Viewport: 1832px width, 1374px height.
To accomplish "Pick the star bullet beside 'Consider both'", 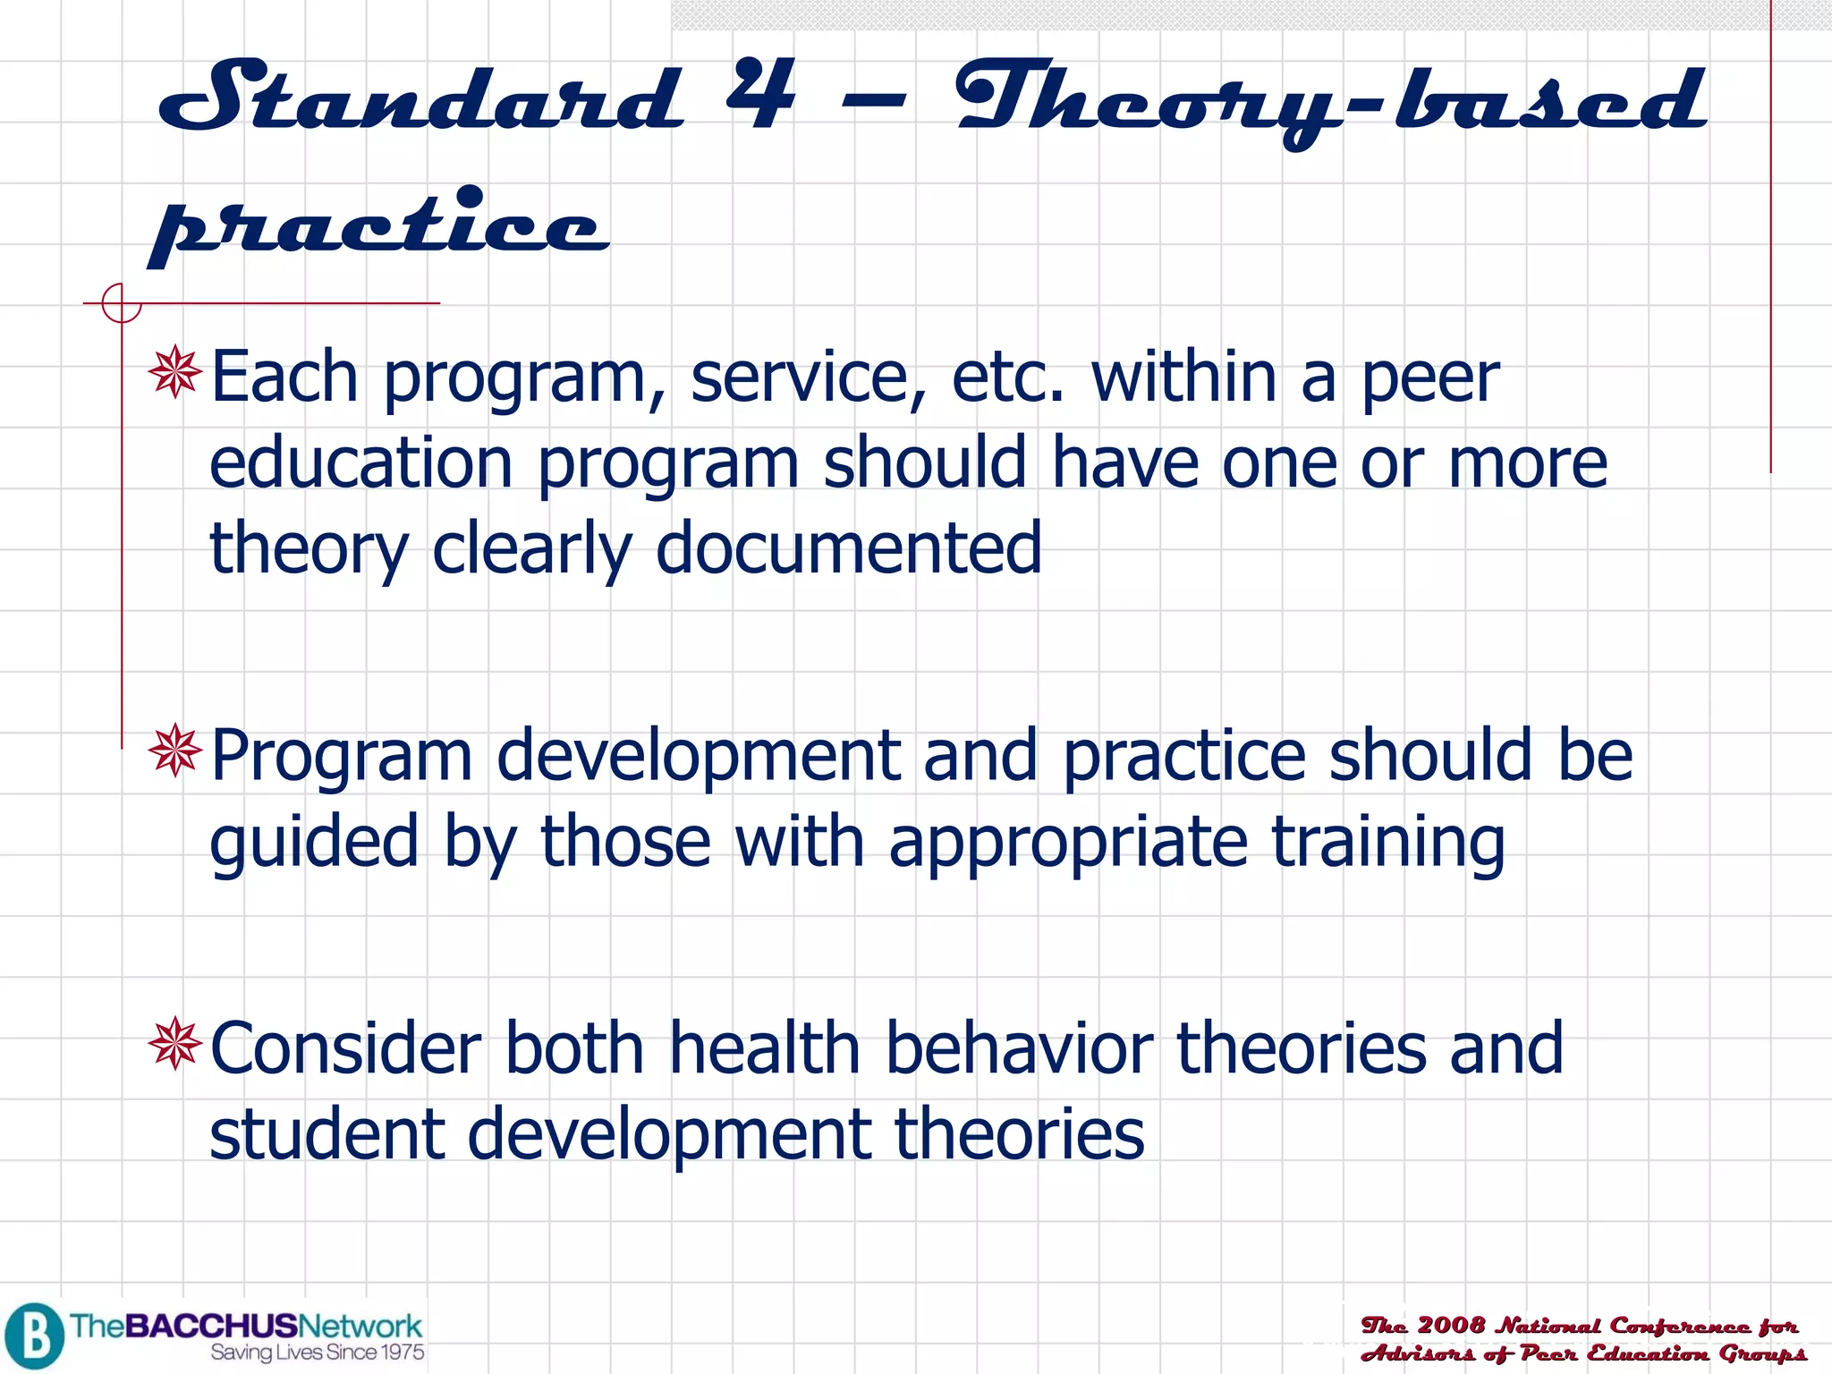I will pyautogui.click(x=175, y=1043).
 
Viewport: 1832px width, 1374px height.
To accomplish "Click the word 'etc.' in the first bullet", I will pyautogui.click(x=1008, y=377).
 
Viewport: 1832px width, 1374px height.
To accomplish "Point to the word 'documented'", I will pyautogui.click(x=849, y=548).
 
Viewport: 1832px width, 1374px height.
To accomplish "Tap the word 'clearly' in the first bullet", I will pyautogui.click(x=531, y=548).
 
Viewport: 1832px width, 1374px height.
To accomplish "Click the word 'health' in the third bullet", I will pyautogui.click(x=765, y=1047).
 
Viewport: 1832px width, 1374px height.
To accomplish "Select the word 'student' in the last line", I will pyautogui.click(x=327, y=1133).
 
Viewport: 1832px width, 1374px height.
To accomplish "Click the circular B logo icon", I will pyautogui.click(x=34, y=1336).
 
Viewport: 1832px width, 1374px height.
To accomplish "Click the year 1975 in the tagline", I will pyautogui.click(x=400, y=1353).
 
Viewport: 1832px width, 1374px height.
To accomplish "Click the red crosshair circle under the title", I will pyautogui.click(x=121, y=303).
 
